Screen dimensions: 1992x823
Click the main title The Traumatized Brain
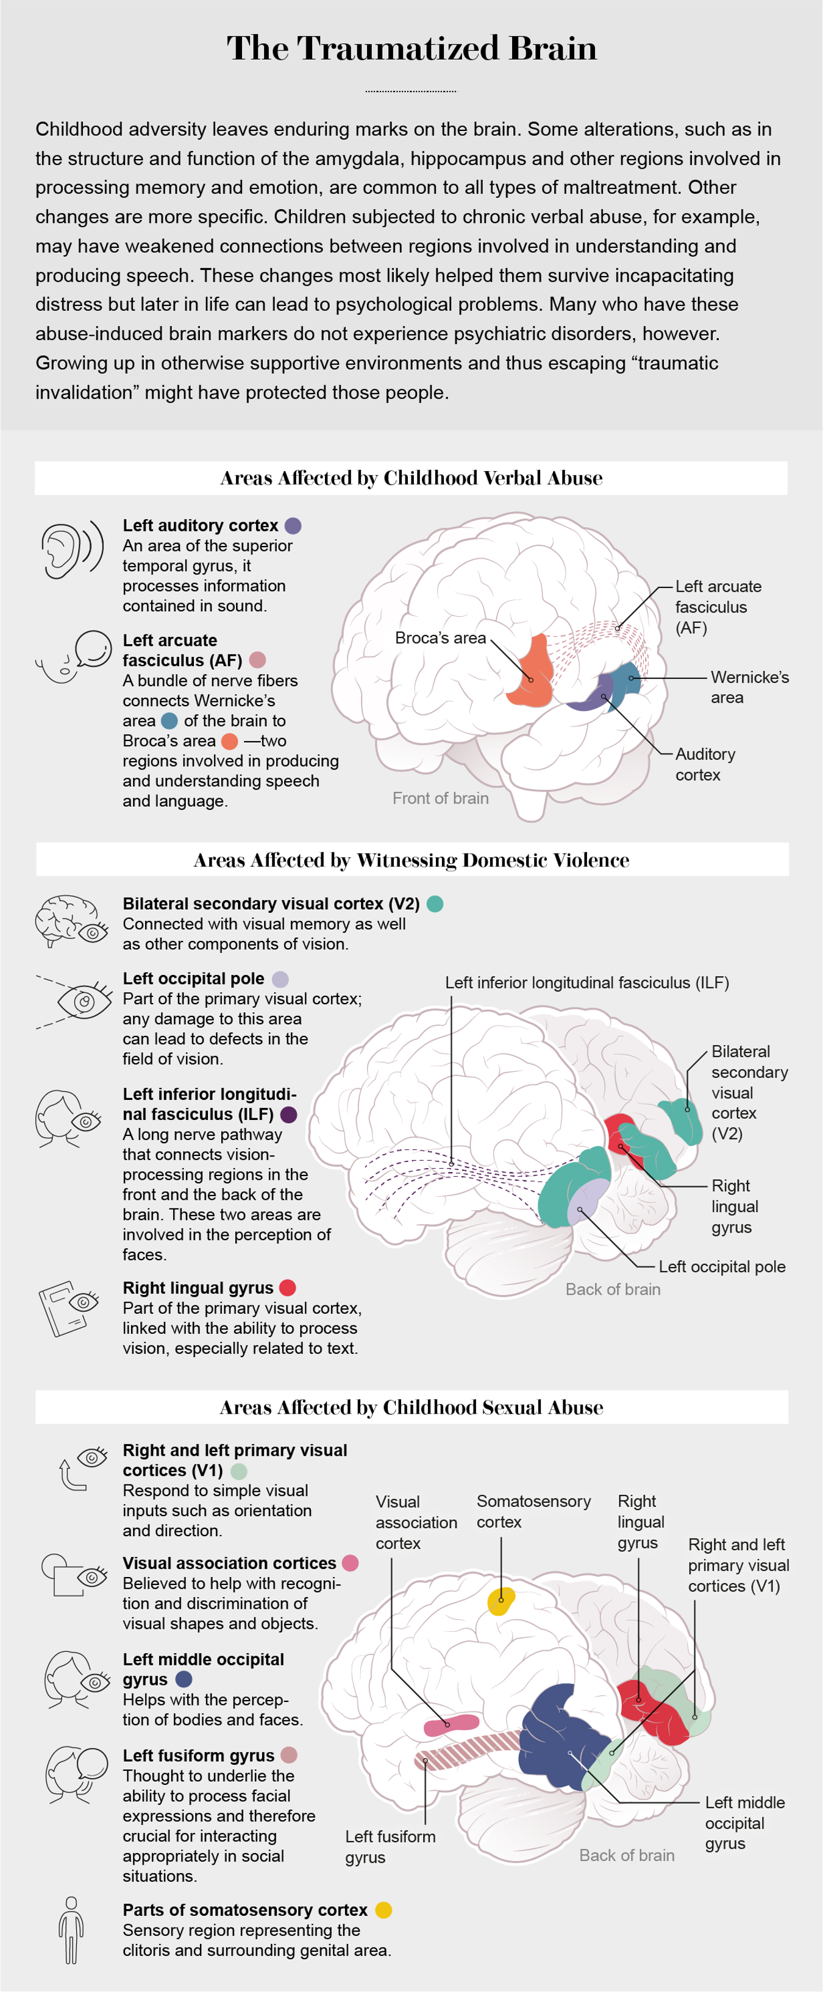click(x=411, y=49)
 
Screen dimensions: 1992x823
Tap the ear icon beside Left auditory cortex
click(x=71, y=549)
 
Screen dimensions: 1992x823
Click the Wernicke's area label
click(x=749, y=687)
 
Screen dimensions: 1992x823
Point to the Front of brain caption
click(x=440, y=798)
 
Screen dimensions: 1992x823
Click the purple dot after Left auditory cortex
click(x=293, y=526)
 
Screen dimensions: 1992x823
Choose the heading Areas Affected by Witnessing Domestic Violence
click(x=411, y=860)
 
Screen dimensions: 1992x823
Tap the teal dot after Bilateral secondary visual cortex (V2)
click(x=435, y=903)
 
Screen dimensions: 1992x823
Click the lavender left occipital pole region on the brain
click(x=588, y=1200)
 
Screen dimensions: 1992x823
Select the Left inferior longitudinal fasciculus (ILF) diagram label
click(x=586, y=982)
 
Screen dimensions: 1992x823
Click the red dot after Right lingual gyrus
click(x=288, y=1288)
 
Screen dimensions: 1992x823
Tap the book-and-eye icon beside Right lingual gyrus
click(x=69, y=1308)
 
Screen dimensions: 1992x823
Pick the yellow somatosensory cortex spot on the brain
click(x=501, y=1601)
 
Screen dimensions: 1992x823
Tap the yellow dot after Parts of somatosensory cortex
click(x=383, y=1910)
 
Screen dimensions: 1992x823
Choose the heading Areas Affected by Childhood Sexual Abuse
click(x=411, y=1408)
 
